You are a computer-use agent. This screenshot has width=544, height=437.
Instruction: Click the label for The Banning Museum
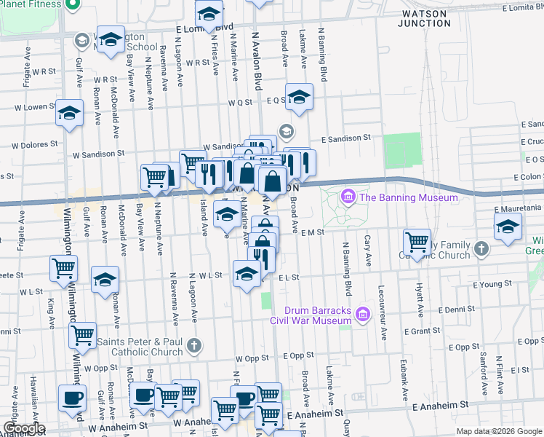point(409,197)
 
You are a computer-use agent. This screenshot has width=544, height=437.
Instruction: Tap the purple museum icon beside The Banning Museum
point(348,197)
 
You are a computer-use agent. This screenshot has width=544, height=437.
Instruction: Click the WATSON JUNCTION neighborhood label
point(424,18)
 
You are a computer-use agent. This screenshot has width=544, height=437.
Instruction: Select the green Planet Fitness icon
point(71,6)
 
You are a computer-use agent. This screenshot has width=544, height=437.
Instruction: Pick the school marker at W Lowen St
point(70,113)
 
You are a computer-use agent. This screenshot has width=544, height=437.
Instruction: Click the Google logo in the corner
point(23,428)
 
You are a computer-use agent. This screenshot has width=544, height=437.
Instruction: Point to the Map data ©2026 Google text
point(499,431)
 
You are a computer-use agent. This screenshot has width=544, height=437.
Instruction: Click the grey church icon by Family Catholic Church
point(480,250)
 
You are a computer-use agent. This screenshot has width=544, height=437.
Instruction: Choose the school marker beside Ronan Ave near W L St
point(105,279)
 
